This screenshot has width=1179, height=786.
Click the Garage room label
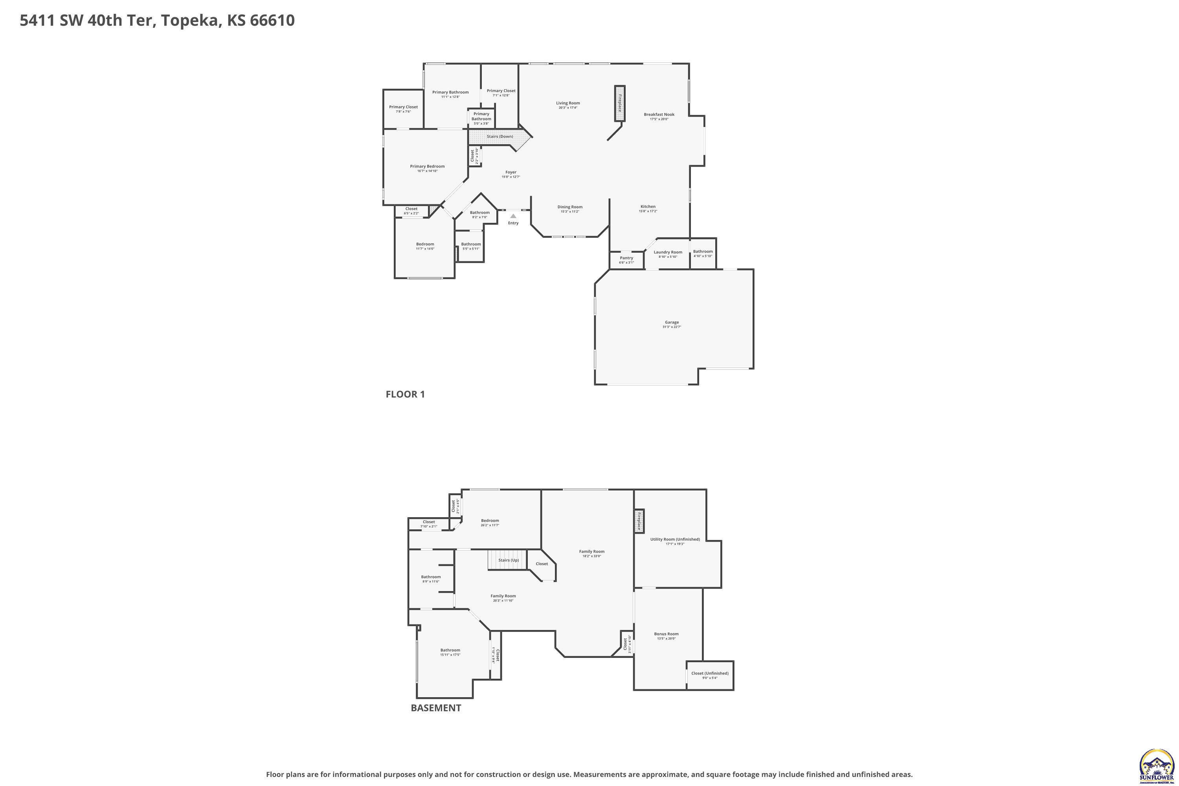(x=672, y=322)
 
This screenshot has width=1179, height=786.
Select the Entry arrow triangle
(x=513, y=216)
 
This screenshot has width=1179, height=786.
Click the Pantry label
(x=626, y=258)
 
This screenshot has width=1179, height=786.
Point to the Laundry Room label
(x=668, y=252)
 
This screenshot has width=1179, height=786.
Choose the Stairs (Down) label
(x=500, y=136)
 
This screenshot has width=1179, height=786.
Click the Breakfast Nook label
(x=659, y=114)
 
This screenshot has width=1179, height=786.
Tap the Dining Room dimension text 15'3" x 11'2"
(x=570, y=211)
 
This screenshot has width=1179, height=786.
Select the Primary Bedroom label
(x=427, y=166)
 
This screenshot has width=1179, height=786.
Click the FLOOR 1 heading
(x=405, y=394)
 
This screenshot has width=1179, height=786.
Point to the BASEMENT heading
(x=435, y=708)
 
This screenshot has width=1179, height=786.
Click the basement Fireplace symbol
(x=639, y=521)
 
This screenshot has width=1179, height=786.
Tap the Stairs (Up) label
(x=508, y=560)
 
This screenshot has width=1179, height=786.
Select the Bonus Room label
(x=666, y=634)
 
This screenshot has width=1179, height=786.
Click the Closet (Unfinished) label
(x=709, y=673)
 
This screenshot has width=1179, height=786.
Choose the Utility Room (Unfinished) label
(x=675, y=539)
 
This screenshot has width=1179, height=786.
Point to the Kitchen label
(x=648, y=207)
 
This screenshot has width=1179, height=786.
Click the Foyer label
(x=511, y=172)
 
